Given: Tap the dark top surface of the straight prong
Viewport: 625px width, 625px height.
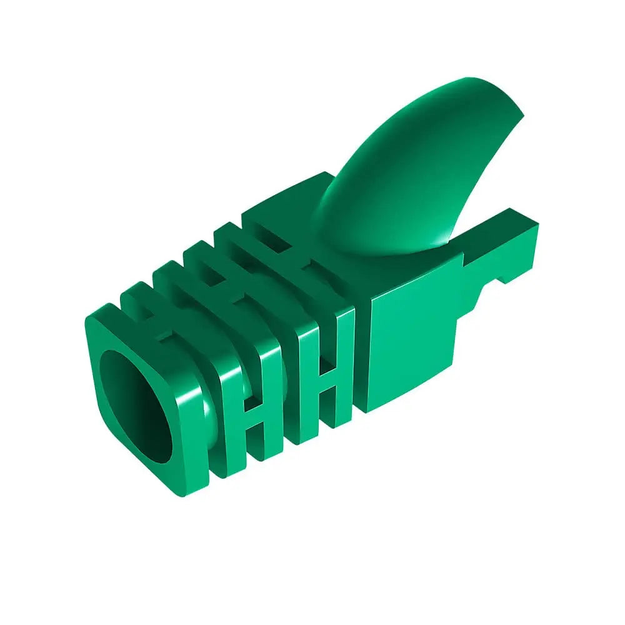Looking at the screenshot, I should (x=494, y=228).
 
